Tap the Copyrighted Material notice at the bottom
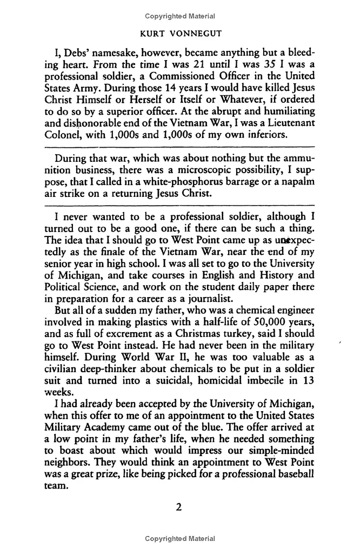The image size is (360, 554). click(179, 539)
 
